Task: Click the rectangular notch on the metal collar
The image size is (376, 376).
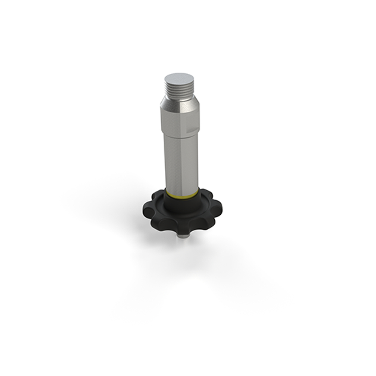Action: [x=192, y=128]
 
